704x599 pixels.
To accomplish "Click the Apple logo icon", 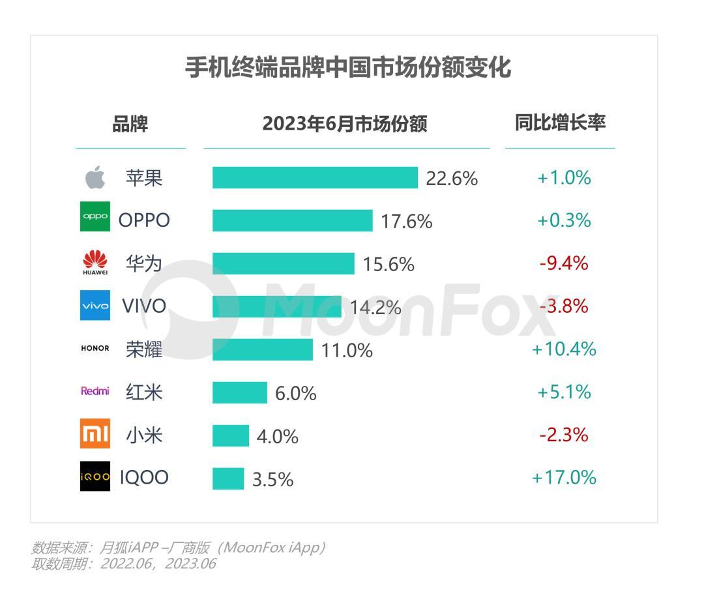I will click(95, 177).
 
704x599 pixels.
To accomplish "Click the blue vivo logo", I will click(95, 306).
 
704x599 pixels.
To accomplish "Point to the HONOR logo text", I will click(95, 349).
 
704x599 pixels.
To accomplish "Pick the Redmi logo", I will click(95, 392).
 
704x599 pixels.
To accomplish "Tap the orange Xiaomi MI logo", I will click(95, 435).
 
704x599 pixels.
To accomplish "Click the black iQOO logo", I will click(95, 478).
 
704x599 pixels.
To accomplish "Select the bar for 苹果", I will click(315, 177).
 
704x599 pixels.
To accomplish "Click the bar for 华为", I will click(283, 263).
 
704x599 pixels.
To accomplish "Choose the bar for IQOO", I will click(228, 478).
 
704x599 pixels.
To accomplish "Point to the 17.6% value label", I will click(406, 221).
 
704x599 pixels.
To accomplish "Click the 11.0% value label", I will click(347, 351).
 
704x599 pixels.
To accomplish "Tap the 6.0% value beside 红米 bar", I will click(295, 394).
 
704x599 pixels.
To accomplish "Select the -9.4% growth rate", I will click(564, 263).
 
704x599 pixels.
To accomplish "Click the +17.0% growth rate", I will click(564, 478).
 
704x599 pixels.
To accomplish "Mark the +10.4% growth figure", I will click(564, 349).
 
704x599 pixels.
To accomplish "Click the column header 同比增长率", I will click(560, 123).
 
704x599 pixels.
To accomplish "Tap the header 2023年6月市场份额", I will click(345, 124).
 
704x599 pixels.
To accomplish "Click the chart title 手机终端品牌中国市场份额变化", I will click(348, 68).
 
